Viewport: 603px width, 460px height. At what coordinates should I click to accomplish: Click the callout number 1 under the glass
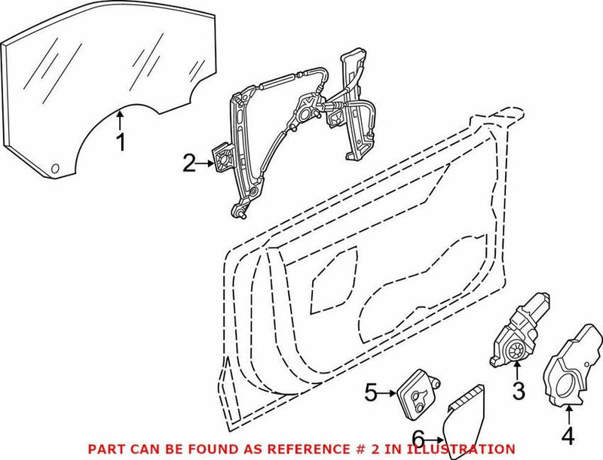pos(121,142)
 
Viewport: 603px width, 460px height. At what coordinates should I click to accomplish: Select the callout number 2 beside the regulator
pos(188,160)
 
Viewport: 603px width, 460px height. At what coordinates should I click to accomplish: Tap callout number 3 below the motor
pos(519,391)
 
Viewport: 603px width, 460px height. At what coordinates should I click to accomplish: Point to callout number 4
pos(567,434)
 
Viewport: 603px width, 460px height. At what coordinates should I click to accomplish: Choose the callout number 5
pos(370,392)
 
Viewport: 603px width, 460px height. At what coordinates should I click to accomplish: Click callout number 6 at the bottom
pos(418,438)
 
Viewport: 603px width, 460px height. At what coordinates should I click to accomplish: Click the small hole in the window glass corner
pos(55,166)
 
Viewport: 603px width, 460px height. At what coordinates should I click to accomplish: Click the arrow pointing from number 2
pos(207,160)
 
